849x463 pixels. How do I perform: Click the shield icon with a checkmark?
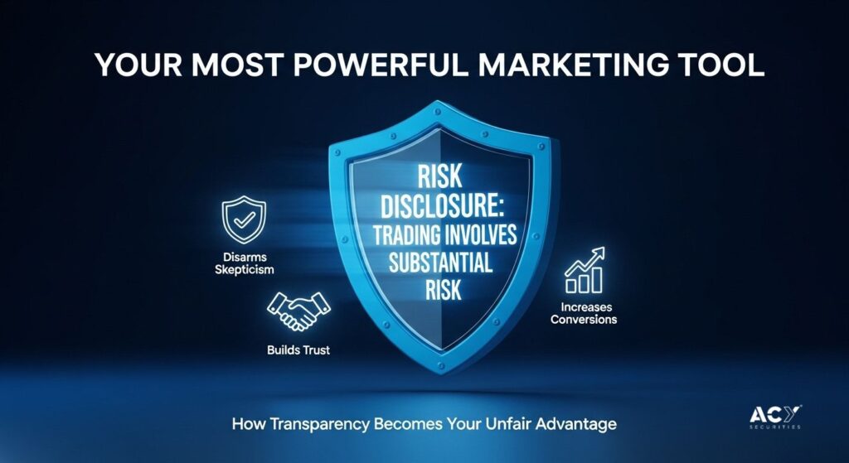(244, 219)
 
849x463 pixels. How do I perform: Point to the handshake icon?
(298, 311)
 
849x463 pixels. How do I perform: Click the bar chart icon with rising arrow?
(585, 270)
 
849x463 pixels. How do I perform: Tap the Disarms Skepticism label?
(245, 263)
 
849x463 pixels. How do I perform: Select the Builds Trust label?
(298, 350)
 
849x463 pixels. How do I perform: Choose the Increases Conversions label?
(584, 313)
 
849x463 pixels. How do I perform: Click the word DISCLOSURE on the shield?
(439, 208)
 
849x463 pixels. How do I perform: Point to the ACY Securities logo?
(775, 417)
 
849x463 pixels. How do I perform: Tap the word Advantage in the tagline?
(576, 423)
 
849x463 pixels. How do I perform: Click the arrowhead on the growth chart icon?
(599, 253)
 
